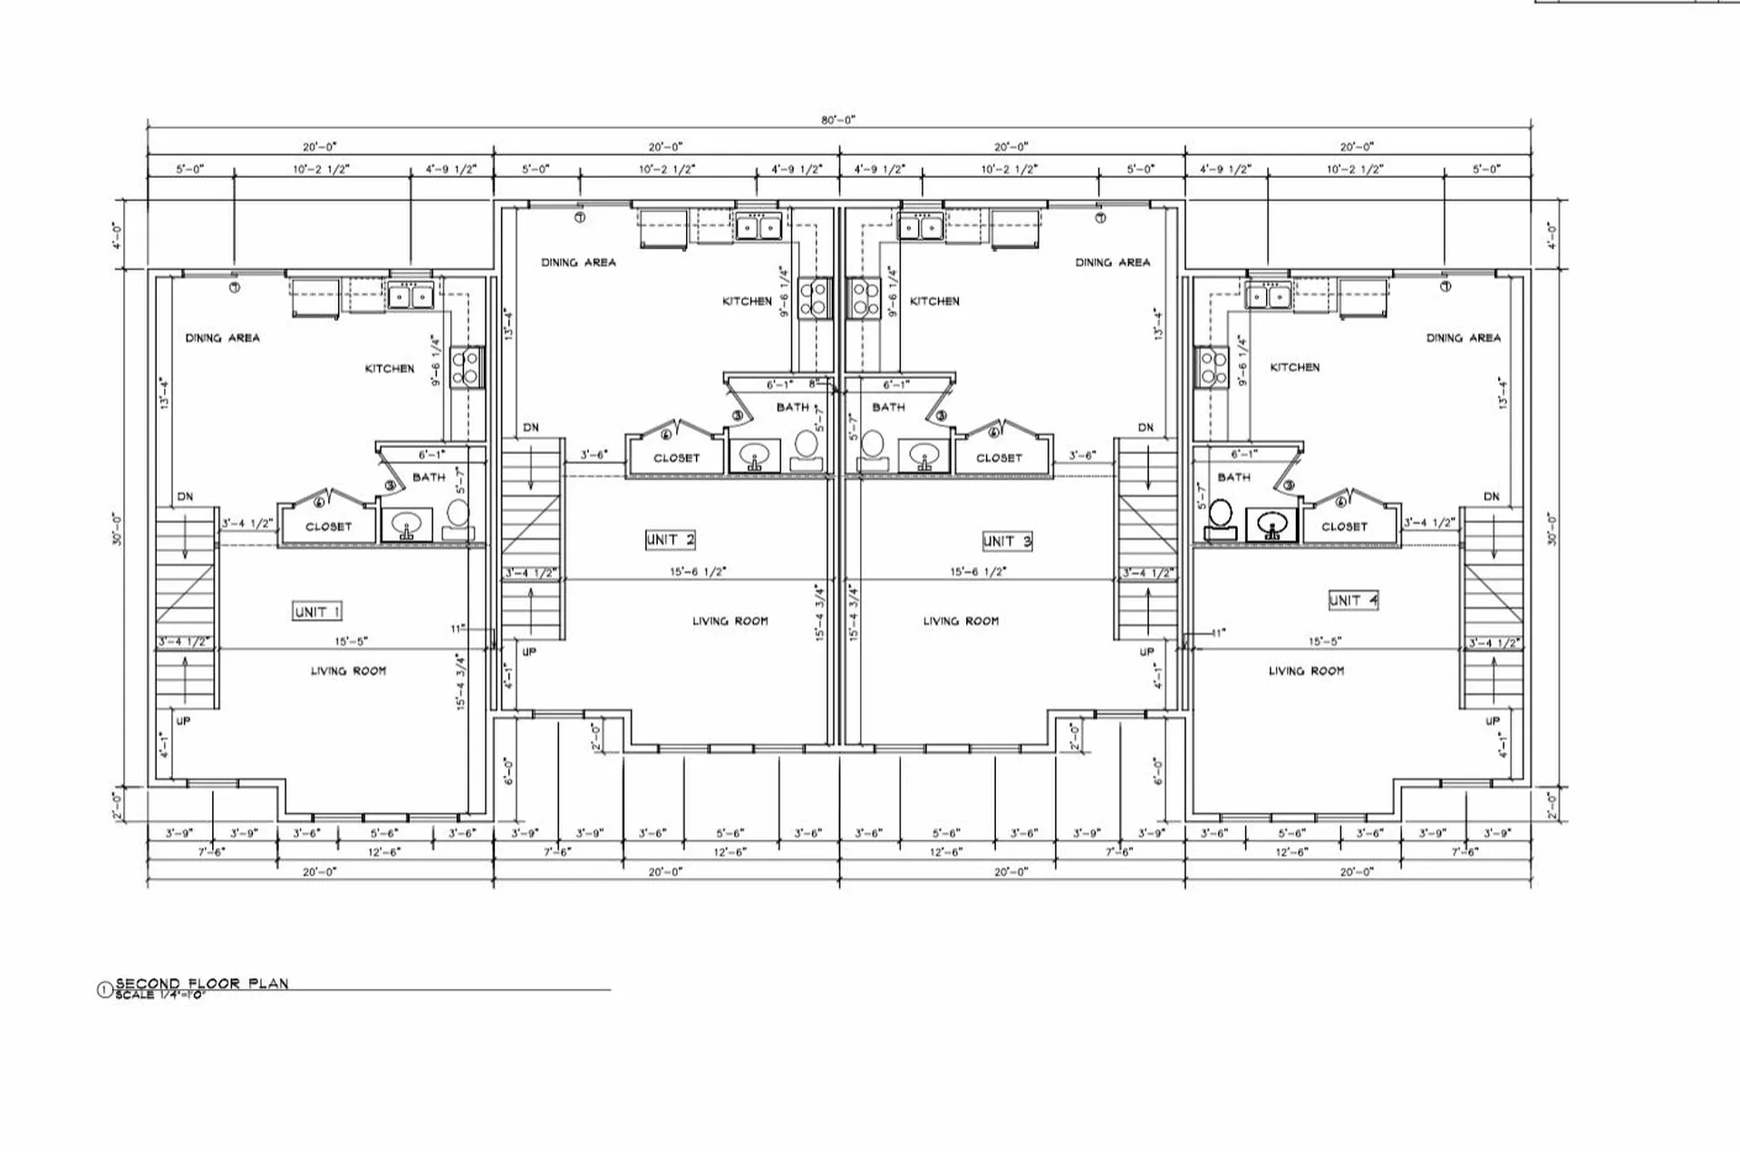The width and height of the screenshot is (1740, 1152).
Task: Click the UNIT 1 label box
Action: click(317, 612)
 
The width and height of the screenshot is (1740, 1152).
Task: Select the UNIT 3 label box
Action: click(1007, 541)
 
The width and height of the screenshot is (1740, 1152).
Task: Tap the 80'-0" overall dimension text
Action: click(838, 120)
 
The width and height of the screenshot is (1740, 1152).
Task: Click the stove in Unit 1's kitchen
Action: click(467, 367)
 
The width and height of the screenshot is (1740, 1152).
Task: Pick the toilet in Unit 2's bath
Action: click(806, 445)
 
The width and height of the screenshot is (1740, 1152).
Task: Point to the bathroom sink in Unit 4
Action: click(1272, 524)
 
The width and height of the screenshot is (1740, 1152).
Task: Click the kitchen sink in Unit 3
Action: click(922, 227)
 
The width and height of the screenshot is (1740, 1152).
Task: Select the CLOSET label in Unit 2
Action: click(676, 458)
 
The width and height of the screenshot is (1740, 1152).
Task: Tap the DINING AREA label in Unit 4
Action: click(1463, 338)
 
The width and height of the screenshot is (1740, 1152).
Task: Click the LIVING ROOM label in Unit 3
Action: click(961, 621)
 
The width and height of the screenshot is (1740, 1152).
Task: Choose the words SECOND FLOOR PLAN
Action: click(201, 983)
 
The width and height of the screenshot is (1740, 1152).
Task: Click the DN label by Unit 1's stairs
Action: click(185, 497)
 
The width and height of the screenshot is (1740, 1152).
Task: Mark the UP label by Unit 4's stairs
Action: click(1492, 721)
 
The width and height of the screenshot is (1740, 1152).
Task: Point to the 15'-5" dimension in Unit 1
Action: click(351, 641)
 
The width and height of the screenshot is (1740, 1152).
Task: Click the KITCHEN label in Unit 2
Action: click(747, 301)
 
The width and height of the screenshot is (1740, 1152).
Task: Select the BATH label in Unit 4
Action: click(1233, 477)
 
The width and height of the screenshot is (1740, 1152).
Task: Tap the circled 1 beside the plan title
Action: click(103, 990)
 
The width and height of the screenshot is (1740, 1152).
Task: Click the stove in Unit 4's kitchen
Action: click(1212, 367)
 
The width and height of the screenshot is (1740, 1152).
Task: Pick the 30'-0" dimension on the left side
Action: click(118, 529)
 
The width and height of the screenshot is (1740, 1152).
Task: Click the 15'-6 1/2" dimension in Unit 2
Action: click(698, 572)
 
